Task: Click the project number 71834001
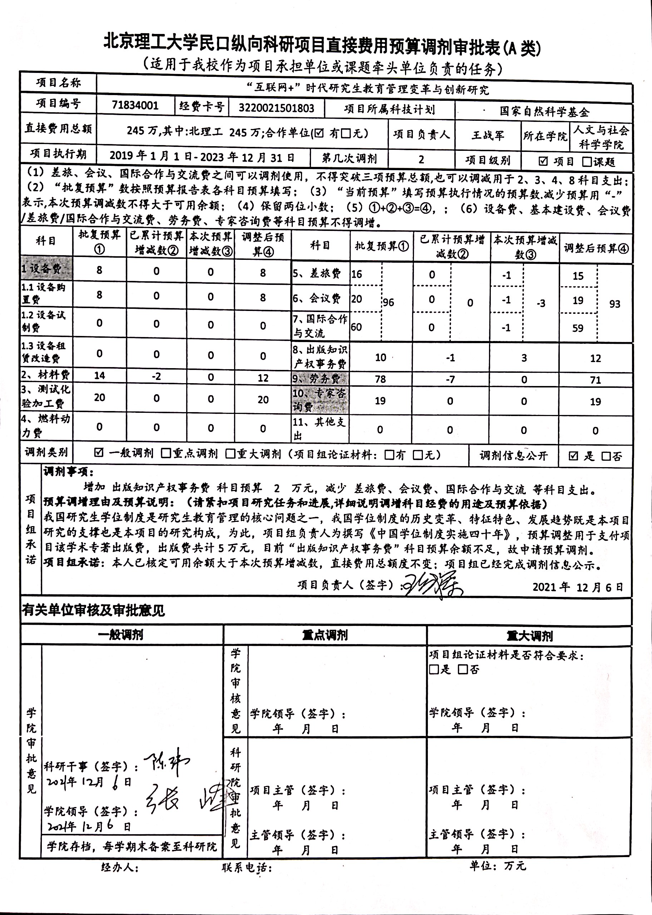point(135,105)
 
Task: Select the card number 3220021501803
point(276,108)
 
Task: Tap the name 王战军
point(488,135)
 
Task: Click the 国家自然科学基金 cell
point(544,111)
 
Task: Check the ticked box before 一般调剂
point(98,453)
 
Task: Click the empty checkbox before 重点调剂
point(166,454)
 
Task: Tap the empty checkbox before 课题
point(587,162)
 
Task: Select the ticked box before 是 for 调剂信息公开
point(573,455)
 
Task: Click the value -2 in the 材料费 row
point(156,376)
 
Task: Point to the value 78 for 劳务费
point(380,379)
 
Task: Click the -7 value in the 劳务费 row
point(450,379)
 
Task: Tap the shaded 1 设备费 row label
point(46,268)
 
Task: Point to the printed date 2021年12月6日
point(578,587)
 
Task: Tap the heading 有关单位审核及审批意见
point(93,610)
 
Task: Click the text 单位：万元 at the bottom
point(498,866)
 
